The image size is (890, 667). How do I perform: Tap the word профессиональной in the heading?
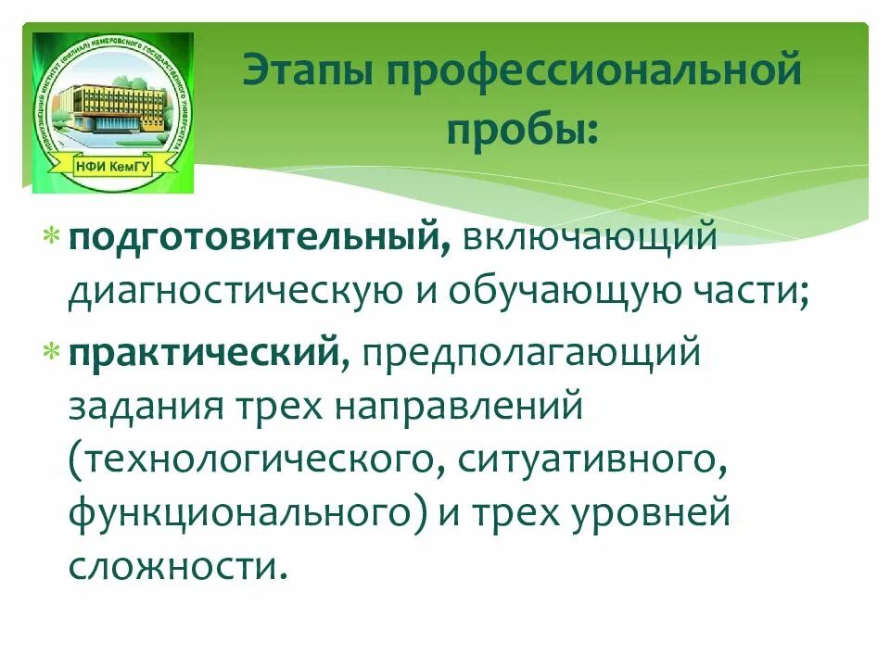594,71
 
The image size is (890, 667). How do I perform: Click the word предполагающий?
528,353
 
